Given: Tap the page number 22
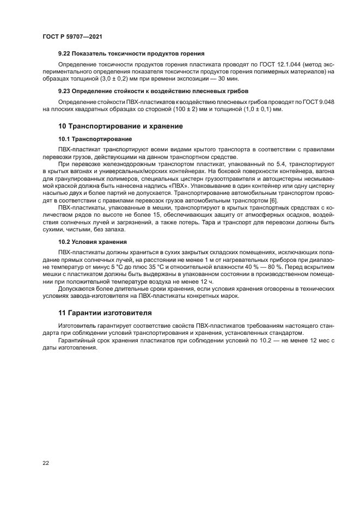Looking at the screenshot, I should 45,463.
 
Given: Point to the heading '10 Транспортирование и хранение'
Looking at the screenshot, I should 120,126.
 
